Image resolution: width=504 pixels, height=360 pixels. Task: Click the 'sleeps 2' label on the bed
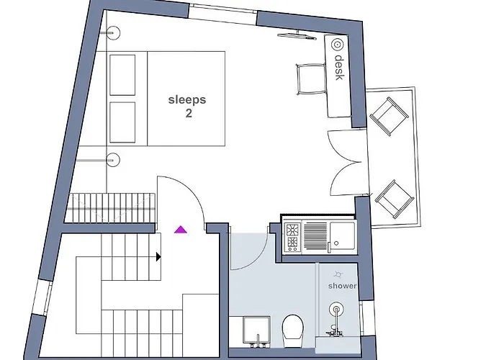tap(186, 106)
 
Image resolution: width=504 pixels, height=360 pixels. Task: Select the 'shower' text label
tap(342, 286)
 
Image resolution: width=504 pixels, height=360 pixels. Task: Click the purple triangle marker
tap(180, 230)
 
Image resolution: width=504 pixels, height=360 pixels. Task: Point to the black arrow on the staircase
tap(158, 256)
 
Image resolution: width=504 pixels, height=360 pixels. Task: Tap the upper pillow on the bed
tap(122, 75)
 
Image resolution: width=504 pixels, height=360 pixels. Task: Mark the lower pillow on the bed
tap(122, 122)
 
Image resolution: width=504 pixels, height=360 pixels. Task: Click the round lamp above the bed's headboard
tap(112, 32)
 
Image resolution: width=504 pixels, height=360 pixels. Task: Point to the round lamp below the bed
tap(112, 158)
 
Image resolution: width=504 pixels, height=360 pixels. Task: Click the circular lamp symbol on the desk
tap(336, 44)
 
